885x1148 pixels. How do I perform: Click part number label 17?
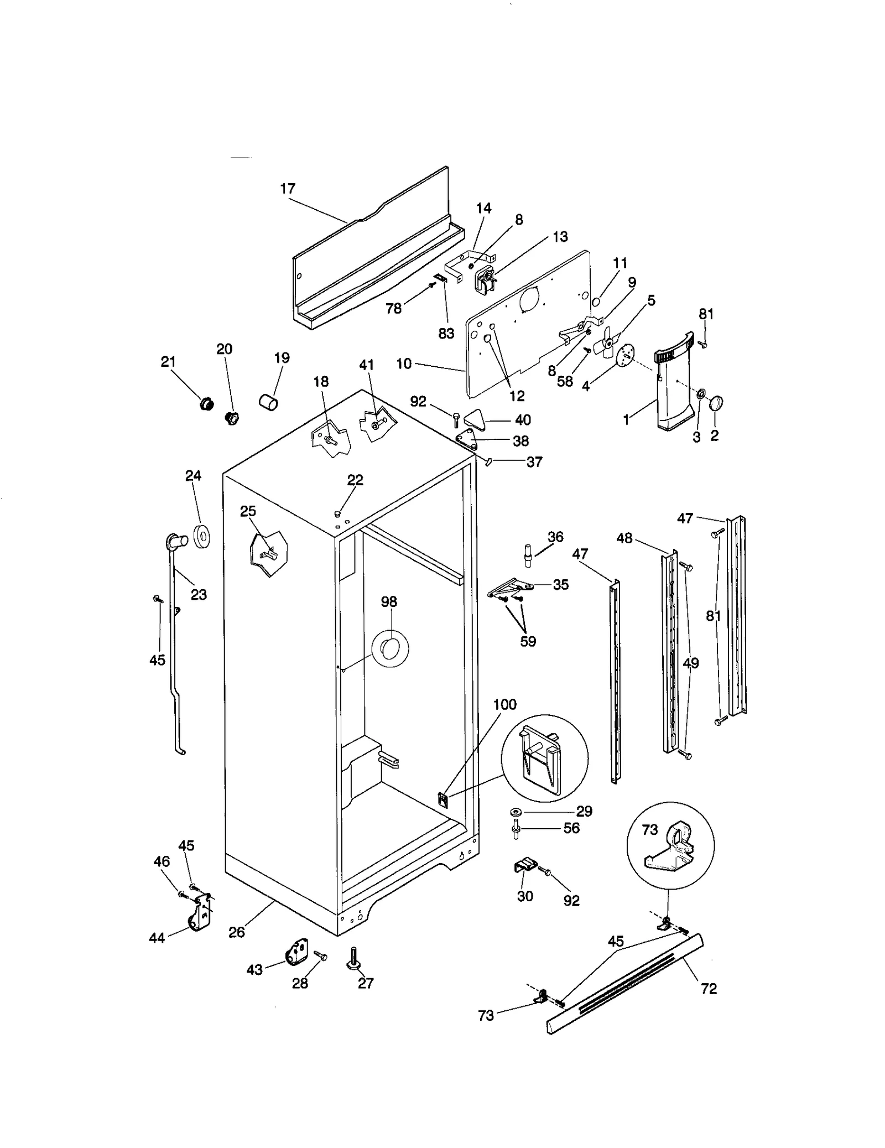[288, 189]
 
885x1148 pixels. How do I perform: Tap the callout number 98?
[389, 601]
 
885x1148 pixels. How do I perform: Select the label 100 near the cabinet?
[504, 704]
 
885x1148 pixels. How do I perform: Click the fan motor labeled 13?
[485, 279]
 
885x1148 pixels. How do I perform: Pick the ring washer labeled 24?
[202, 536]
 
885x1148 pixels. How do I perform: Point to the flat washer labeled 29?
[517, 812]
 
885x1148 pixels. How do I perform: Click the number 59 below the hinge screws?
[528, 641]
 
